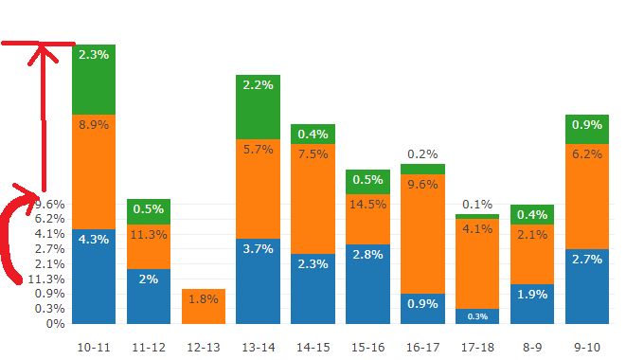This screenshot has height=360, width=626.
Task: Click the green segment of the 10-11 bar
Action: [94, 80]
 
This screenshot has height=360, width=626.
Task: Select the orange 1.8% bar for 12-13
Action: [204, 306]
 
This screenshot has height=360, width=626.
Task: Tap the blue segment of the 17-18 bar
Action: [477, 315]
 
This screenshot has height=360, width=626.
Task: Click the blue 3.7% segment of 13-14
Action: [258, 280]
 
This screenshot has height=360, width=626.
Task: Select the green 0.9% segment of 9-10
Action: [586, 128]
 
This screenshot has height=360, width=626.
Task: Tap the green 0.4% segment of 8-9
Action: [531, 214]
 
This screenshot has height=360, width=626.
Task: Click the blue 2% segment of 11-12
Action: [149, 296]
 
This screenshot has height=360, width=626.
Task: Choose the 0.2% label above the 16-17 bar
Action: [422, 153]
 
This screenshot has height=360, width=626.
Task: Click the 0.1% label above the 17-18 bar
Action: [477, 204]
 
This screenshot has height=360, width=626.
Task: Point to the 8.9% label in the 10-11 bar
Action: [94, 125]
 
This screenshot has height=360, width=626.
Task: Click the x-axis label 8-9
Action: [531, 348]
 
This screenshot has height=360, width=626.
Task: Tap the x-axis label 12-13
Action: [203, 348]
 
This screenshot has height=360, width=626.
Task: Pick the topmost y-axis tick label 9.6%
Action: [50, 204]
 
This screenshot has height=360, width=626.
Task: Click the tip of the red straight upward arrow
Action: [41, 47]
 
